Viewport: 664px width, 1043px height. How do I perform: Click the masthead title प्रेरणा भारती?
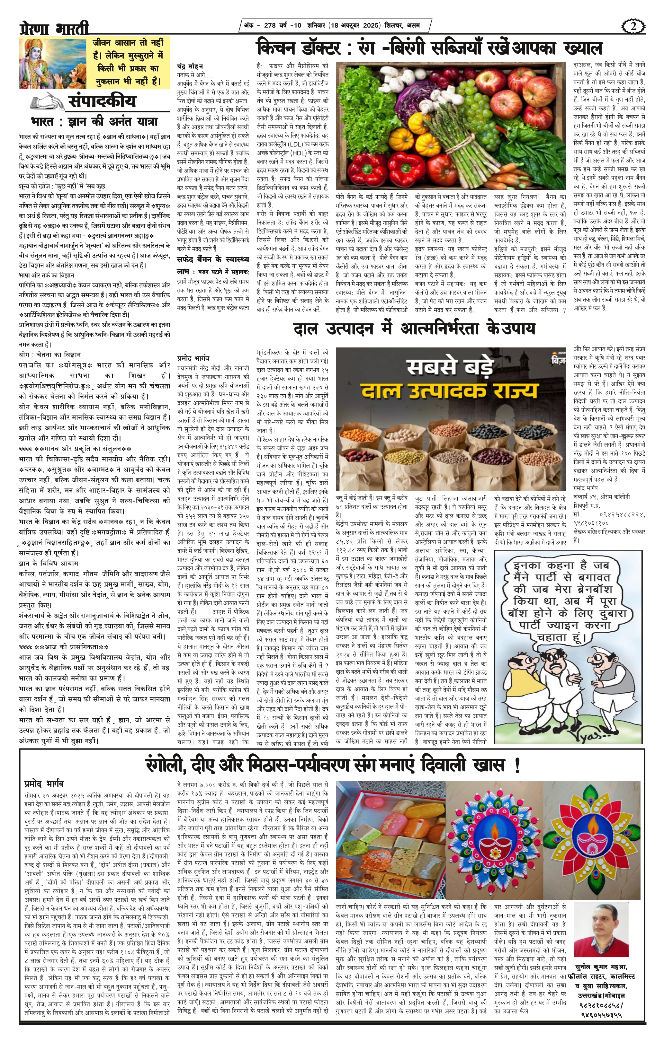(x=54, y=29)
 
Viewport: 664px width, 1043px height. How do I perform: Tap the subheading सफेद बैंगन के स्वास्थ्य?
(x=213, y=259)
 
